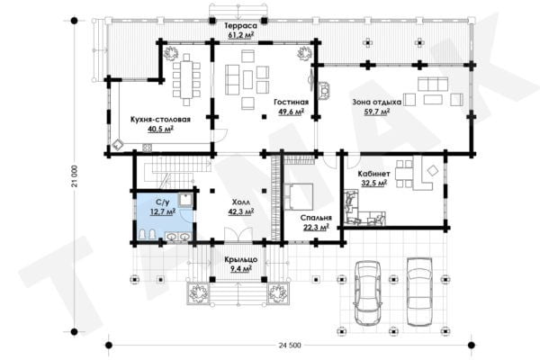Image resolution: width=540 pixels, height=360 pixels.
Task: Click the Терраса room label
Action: (241, 25)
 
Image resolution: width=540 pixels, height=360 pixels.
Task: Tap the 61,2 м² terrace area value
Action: (241, 34)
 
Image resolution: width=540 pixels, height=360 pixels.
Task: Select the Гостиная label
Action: (291, 102)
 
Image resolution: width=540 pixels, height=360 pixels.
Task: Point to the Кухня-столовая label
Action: (160, 120)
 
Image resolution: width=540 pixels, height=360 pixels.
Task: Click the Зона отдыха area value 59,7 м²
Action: (377, 112)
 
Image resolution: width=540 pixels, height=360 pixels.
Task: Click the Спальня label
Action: (316, 218)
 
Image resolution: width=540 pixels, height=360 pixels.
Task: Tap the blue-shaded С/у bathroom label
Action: (163, 202)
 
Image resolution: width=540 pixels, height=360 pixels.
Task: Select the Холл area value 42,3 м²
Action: (241, 211)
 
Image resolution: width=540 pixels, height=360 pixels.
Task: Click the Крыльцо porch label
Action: (241, 259)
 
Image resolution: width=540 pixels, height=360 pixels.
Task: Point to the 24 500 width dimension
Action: (289, 346)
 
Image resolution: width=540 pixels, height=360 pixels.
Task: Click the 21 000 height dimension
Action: (75, 176)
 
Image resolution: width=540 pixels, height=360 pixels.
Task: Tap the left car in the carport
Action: (368, 291)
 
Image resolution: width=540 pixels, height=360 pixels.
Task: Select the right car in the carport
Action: (419, 292)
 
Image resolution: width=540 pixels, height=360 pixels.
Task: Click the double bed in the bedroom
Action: (298, 197)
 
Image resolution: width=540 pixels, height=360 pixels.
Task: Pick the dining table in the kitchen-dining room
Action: (186, 79)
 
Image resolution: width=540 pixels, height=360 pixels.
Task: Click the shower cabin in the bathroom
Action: (186, 200)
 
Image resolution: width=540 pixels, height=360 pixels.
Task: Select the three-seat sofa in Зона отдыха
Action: (433, 84)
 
